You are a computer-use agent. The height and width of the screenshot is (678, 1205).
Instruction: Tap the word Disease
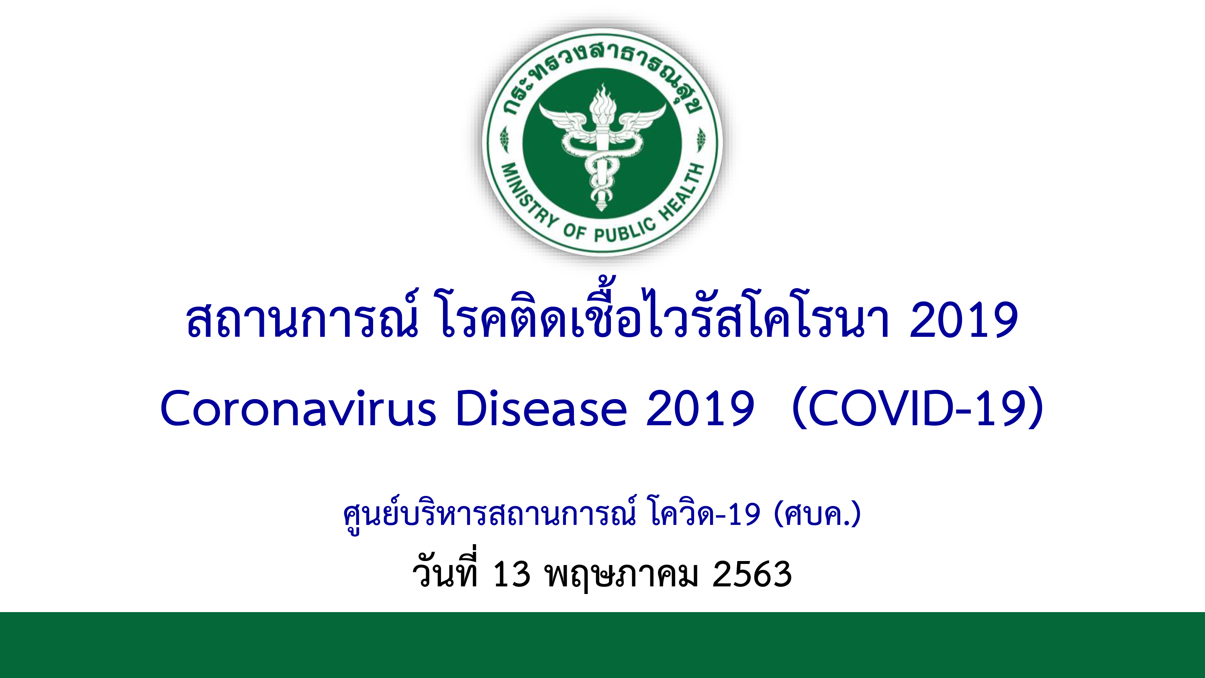[x=541, y=408]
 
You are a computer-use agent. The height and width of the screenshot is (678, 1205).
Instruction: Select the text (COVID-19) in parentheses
[x=918, y=408]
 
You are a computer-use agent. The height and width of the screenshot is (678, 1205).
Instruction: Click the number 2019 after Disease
[x=700, y=408]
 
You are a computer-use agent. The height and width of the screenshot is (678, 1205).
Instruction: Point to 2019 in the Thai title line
[x=964, y=320]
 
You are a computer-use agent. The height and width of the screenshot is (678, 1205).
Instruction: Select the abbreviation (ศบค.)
[x=817, y=514]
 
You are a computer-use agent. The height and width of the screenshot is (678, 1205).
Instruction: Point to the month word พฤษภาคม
[x=622, y=576]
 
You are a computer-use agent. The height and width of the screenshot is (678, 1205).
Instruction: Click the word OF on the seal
[x=574, y=231]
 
